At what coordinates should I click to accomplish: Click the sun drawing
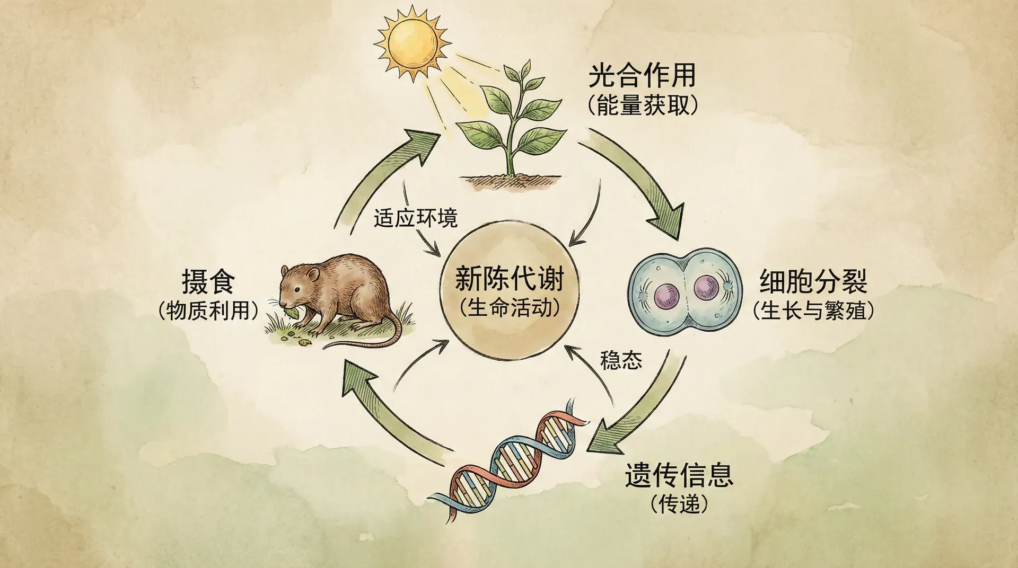point(413,42)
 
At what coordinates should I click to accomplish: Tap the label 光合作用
point(642,76)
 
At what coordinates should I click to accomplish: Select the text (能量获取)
point(643,105)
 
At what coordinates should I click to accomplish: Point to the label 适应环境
point(415,218)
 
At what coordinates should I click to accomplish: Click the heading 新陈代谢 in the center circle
point(509,279)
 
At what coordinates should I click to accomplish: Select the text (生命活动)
point(510,307)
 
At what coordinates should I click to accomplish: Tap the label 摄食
point(208,281)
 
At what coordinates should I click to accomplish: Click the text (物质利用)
point(208,310)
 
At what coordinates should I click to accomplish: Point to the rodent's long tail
point(371,339)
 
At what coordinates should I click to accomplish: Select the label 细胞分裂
point(813,281)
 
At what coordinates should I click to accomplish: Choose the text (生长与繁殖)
point(813,310)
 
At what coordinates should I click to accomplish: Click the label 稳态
point(621,360)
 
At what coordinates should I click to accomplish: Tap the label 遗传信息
point(679,475)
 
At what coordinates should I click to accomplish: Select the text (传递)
point(679,504)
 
